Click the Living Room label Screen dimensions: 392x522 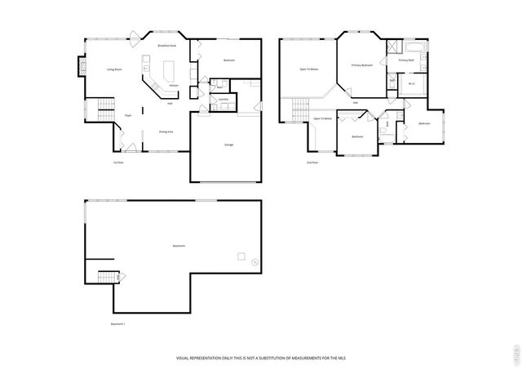tap(114, 69)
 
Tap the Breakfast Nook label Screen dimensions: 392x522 tap(168, 47)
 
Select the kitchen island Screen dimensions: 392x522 tap(171, 68)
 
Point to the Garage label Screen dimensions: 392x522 tap(229, 145)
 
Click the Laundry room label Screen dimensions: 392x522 tap(223, 100)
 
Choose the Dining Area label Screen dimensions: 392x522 tap(166, 131)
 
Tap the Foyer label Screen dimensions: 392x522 tap(128, 116)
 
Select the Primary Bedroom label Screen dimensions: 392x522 tap(361, 65)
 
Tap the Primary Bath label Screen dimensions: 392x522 tap(406, 60)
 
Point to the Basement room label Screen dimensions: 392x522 tap(178, 246)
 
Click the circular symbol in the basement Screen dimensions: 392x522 tap(254, 262)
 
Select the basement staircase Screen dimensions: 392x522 tap(106, 277)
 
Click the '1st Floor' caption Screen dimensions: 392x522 tap(118, 163)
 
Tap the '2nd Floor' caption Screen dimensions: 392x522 tap(312, 163)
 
